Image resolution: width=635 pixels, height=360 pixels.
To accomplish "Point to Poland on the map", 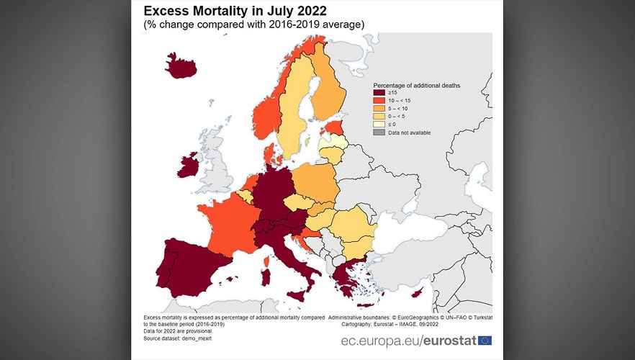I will click(x=315, y=183).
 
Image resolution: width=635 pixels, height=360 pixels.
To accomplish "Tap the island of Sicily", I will click(x=296, y=294).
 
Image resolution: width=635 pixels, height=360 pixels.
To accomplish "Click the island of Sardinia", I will click(x=264, y=276).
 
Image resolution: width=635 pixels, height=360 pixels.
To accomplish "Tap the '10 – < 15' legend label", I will click(x=400, y=100).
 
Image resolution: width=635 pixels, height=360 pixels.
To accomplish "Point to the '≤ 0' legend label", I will click(x=392, y=124).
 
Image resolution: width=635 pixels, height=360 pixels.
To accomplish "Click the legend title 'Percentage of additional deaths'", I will click(x=416, y=85).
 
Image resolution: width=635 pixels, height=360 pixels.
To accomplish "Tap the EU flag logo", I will click(x=485, y=340).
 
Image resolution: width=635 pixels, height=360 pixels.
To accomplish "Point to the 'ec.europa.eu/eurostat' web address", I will click(x=408, y=340).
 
